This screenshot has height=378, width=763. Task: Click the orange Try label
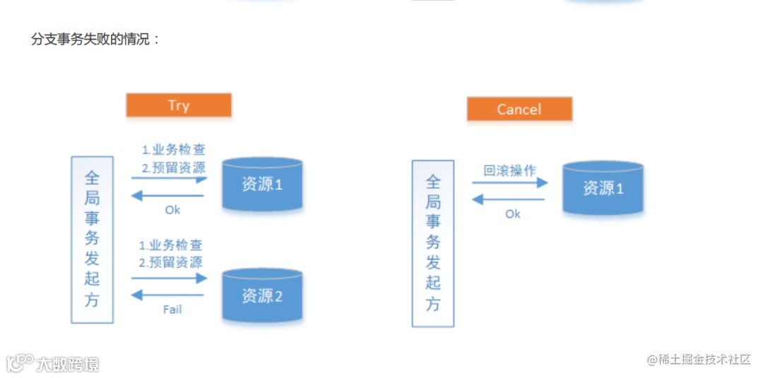click(x=179, y=105)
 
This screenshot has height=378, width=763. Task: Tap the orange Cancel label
click(x=519, y=110)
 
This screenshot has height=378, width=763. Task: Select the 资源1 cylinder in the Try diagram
click(x=263, y=184)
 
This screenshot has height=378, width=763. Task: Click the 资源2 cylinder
click(x=263, y=296)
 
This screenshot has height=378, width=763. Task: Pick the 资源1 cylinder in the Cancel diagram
click(x=603, y=188)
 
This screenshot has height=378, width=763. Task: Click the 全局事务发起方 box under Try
click(x=92, y=240)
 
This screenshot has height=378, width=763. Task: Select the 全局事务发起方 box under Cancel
click(x=432, y=243)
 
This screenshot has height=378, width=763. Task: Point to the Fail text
click(x=172, y=309)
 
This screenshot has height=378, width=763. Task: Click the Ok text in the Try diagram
click(x=172, y=209)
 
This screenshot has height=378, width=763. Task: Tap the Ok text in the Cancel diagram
click(x=513, y=213)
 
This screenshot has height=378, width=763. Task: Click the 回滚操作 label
click(x=510, y=170)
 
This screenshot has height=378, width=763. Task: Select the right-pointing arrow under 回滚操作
click(x=510, y=183)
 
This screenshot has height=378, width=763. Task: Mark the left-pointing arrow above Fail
click(x=168, y=295)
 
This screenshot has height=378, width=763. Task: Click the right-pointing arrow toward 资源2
click(x=168, y=278)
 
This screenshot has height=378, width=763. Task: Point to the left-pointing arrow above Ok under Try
click(x=168, y=196)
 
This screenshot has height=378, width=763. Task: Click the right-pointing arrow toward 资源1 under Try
click(x=168, y=179)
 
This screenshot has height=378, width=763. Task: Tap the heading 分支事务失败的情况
click(x=95, y=39)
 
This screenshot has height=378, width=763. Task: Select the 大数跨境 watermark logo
click(x=53, y=363)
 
